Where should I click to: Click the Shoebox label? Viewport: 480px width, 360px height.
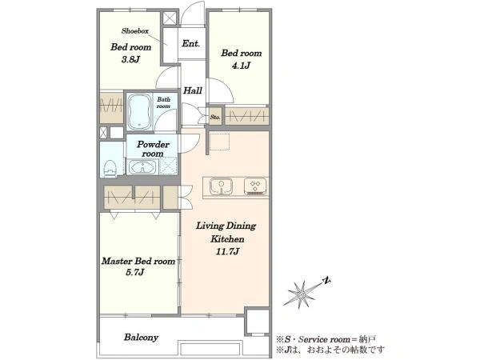(x=135, y=31)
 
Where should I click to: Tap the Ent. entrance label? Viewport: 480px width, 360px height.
(x=190, y=43)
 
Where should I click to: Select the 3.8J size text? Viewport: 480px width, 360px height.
(x=130, y=59)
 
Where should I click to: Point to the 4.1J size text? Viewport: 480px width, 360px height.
(x=242, y=66)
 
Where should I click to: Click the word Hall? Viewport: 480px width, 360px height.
(x=193, y=90)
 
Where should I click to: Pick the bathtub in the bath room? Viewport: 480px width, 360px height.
(x=139, y=112)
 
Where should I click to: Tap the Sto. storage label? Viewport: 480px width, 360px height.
(x=215, y=117)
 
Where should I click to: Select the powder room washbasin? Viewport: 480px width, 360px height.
(x=142, y=167)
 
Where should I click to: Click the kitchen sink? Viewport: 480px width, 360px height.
(x=221, y=186)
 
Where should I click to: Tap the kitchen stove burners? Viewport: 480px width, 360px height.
(x=255, y=186)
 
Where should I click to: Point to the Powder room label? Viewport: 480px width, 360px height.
(x=153, y=149)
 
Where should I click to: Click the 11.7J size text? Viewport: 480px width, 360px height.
(x=227, y=252)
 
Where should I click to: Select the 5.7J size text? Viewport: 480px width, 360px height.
(x=135, y=272)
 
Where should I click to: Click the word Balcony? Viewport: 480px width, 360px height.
(x=141, y=338)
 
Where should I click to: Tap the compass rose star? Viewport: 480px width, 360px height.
(x=299, y=294)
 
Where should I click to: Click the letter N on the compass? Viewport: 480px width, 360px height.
(x=326, y=281)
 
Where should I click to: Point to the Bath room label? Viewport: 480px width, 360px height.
(x=163, y=103)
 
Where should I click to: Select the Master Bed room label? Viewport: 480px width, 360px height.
(x=138, y=261)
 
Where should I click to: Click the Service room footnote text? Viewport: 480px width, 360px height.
(x=326, y=339)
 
